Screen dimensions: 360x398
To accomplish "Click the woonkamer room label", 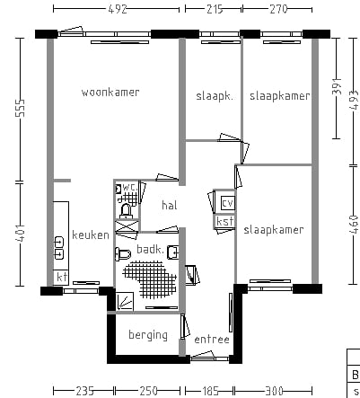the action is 110,93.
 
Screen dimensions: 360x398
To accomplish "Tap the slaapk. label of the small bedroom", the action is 215,96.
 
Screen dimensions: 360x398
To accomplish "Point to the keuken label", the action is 91,234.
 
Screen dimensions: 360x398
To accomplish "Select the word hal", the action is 170,205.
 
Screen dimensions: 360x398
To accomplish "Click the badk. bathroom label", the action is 150,249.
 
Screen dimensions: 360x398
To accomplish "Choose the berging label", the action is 148,335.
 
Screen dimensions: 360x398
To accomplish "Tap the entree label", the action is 212,340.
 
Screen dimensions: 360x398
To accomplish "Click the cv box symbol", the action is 227,203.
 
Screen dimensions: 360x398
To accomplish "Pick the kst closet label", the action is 224,222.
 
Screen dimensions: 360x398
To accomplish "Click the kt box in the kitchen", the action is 61,278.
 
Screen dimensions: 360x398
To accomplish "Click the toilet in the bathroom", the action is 123,254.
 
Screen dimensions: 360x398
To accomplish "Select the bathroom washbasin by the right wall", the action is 173,252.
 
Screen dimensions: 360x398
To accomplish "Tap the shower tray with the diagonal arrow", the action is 125,302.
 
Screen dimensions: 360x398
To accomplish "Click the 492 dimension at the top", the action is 117,9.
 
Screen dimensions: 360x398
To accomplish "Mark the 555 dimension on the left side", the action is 21,109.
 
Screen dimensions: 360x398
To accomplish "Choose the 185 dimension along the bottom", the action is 210,391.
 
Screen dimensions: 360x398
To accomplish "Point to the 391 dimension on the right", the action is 337,86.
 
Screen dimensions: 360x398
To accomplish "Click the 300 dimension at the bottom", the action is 274,391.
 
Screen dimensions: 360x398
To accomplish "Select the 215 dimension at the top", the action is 215,9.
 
